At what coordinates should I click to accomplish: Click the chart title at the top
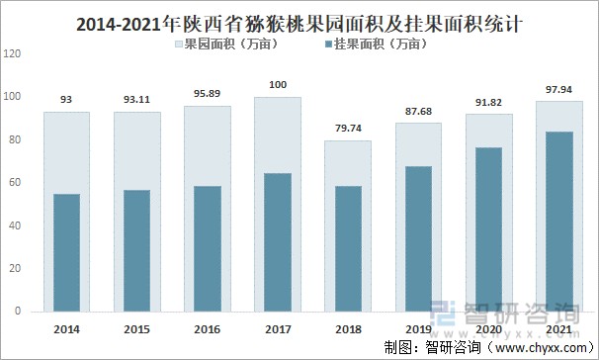[299, 20]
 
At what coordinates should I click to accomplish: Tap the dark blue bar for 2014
[67, 252]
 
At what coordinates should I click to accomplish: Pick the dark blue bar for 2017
[278, 242]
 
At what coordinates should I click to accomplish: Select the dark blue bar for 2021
[559, 222]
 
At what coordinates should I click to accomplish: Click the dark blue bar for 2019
[419, 238]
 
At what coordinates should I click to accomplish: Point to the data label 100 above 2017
[278, 85]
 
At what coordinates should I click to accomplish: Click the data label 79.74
[348, 129]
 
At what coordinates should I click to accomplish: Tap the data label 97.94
[559, 90]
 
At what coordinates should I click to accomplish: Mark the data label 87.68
[419, 112]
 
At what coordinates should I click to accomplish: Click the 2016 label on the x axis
[208, 327]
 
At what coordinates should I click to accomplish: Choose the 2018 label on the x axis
[348, 327]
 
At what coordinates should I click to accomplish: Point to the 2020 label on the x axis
[489, 327]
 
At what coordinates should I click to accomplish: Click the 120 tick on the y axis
[13, 53]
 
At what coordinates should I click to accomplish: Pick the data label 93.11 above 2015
[137, 100]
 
